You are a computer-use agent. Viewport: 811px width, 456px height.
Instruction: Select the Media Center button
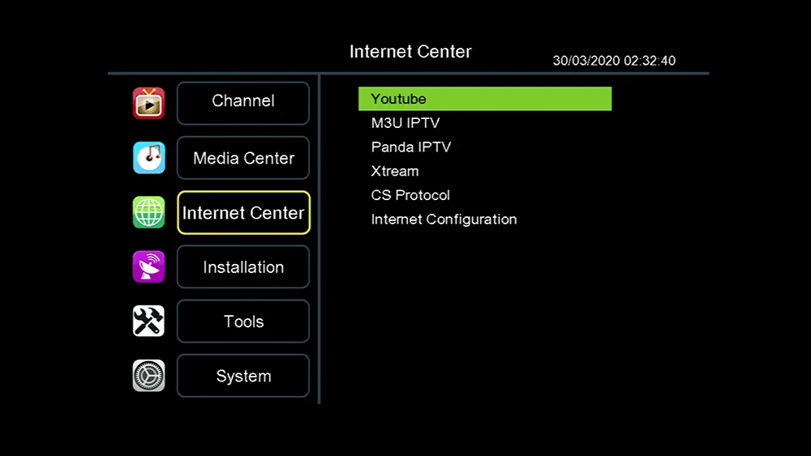click(243, 158)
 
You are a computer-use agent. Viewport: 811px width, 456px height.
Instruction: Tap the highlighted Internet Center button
click(243, 212)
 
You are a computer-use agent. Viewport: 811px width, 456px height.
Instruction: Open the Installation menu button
click(243, 267)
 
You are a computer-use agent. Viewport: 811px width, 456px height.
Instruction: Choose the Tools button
click(243, 322)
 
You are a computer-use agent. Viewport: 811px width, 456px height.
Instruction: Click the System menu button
click(243, 376)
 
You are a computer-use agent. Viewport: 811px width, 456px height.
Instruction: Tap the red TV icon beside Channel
click(148, 104)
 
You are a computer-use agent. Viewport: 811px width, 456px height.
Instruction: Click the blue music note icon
click(148, 158)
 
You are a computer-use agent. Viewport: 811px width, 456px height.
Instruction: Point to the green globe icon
click(148, 212)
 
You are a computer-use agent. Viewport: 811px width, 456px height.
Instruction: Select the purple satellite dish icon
click(148, 267)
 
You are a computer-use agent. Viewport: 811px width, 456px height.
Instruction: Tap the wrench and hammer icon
click(148, 322)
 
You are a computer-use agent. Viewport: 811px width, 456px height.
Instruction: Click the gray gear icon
click(148, 376)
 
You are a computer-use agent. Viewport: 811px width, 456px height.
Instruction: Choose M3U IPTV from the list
click(405, 123)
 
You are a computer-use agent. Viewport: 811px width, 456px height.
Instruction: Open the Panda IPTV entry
click(410, 147)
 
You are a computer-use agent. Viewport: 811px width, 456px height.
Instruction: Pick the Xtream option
click(395, 171)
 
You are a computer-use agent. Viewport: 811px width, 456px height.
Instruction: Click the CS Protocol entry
click(410, 195)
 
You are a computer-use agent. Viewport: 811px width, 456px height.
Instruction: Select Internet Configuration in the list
click(444, 219)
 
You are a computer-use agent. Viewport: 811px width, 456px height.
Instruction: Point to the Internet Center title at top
click(410, 52)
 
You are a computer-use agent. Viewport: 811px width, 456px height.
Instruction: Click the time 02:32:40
click(649, 61)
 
